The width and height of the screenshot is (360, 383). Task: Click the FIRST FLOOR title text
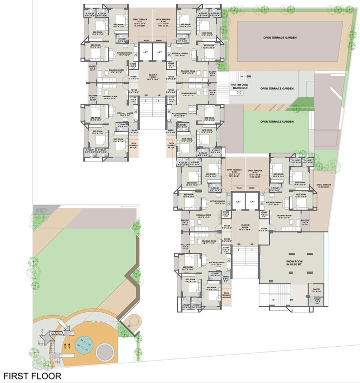click(32, 376)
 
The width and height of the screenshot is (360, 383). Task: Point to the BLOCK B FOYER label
click(245, 227)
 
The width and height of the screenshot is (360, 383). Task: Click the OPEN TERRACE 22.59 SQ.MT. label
click(324, 186)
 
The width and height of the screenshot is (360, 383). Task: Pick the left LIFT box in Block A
click(146, 52)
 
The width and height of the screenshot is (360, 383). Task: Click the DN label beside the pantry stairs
click(248, 77)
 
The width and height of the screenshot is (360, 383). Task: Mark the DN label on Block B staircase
click(239, 244)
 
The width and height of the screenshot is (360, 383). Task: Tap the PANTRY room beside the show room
click(317, 290)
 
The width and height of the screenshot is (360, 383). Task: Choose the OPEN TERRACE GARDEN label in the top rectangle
click(283, 38)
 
